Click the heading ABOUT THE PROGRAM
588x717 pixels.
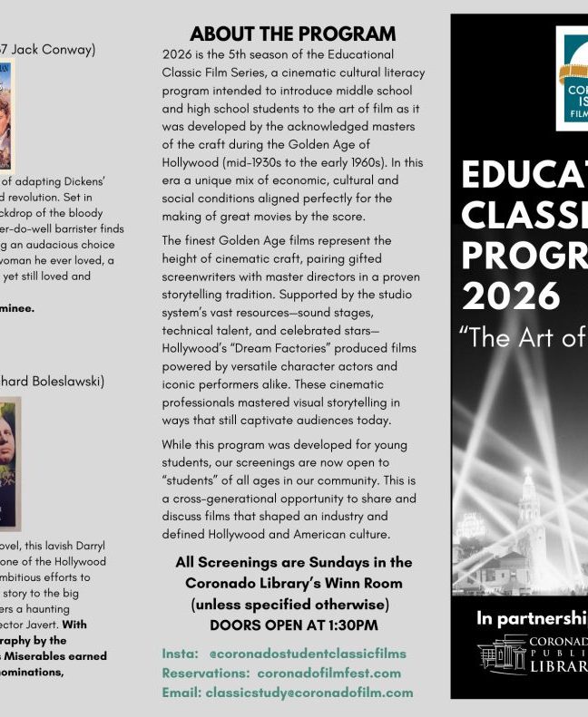pos(292,34)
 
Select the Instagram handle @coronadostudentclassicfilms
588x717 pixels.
pos(308,653)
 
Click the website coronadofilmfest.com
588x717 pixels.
pos(328,673)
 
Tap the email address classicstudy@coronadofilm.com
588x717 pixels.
pos(309,693)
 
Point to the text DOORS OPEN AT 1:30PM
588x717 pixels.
pos(293,625)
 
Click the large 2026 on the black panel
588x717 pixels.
pos(510,296)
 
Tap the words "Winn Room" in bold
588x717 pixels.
pos(370,582)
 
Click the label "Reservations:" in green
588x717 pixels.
pos(207,673)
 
